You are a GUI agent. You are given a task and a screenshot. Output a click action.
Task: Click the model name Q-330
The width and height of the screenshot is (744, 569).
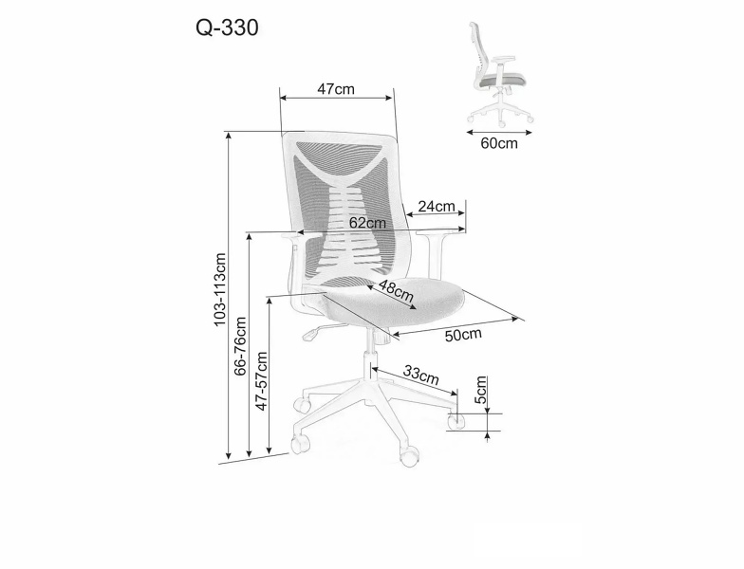pyautogui.click(x=228, y=28)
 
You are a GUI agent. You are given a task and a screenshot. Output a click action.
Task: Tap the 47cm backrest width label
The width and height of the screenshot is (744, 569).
pyautogui.click(x=336, y=89)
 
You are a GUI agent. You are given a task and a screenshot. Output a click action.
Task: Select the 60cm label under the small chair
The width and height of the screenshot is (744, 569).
pyautogui.click(x=499, y=143)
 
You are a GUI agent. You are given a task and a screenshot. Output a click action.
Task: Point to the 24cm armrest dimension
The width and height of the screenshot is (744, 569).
pyautogui.click(x=437, y=207)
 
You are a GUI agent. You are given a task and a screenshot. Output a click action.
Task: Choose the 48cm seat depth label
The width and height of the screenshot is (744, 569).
pyautogui.click(x=397, y=290)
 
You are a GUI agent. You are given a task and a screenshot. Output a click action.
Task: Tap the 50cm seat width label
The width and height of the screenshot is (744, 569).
pyautogui.click(x=463, y=335)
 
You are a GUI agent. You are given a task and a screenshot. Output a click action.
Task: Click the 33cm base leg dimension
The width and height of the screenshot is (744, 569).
pyautogui.click(x=421, y=375)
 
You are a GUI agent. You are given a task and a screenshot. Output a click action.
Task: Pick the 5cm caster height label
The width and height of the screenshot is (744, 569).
pyautogui.click(x=481, y=389)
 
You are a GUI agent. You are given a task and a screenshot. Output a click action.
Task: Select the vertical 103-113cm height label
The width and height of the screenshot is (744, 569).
pyautogui.click(x=220, y=289)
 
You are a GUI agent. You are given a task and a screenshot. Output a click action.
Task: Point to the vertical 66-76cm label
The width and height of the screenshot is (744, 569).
pyautogui.click(x=241, y=346)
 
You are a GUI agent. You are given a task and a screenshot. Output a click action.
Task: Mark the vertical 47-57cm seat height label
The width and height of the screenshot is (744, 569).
pyautogui.click(x=262, y=381)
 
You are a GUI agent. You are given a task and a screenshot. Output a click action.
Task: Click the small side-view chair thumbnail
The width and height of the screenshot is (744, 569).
pyautogui.click(x=499, y=74)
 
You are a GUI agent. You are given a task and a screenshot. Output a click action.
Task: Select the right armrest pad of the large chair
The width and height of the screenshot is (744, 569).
pyautogui.click(x=440, y=231)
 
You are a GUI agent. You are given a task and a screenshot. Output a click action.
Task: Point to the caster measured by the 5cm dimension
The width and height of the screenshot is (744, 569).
pyautogui.click(x=457, y=421)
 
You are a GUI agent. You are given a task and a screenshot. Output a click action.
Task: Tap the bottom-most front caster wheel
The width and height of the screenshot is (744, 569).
pyautogui.click(x=410, y=456)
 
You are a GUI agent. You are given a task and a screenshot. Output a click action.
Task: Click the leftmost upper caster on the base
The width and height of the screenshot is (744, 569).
pyautogui.click(x=302, y=404)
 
